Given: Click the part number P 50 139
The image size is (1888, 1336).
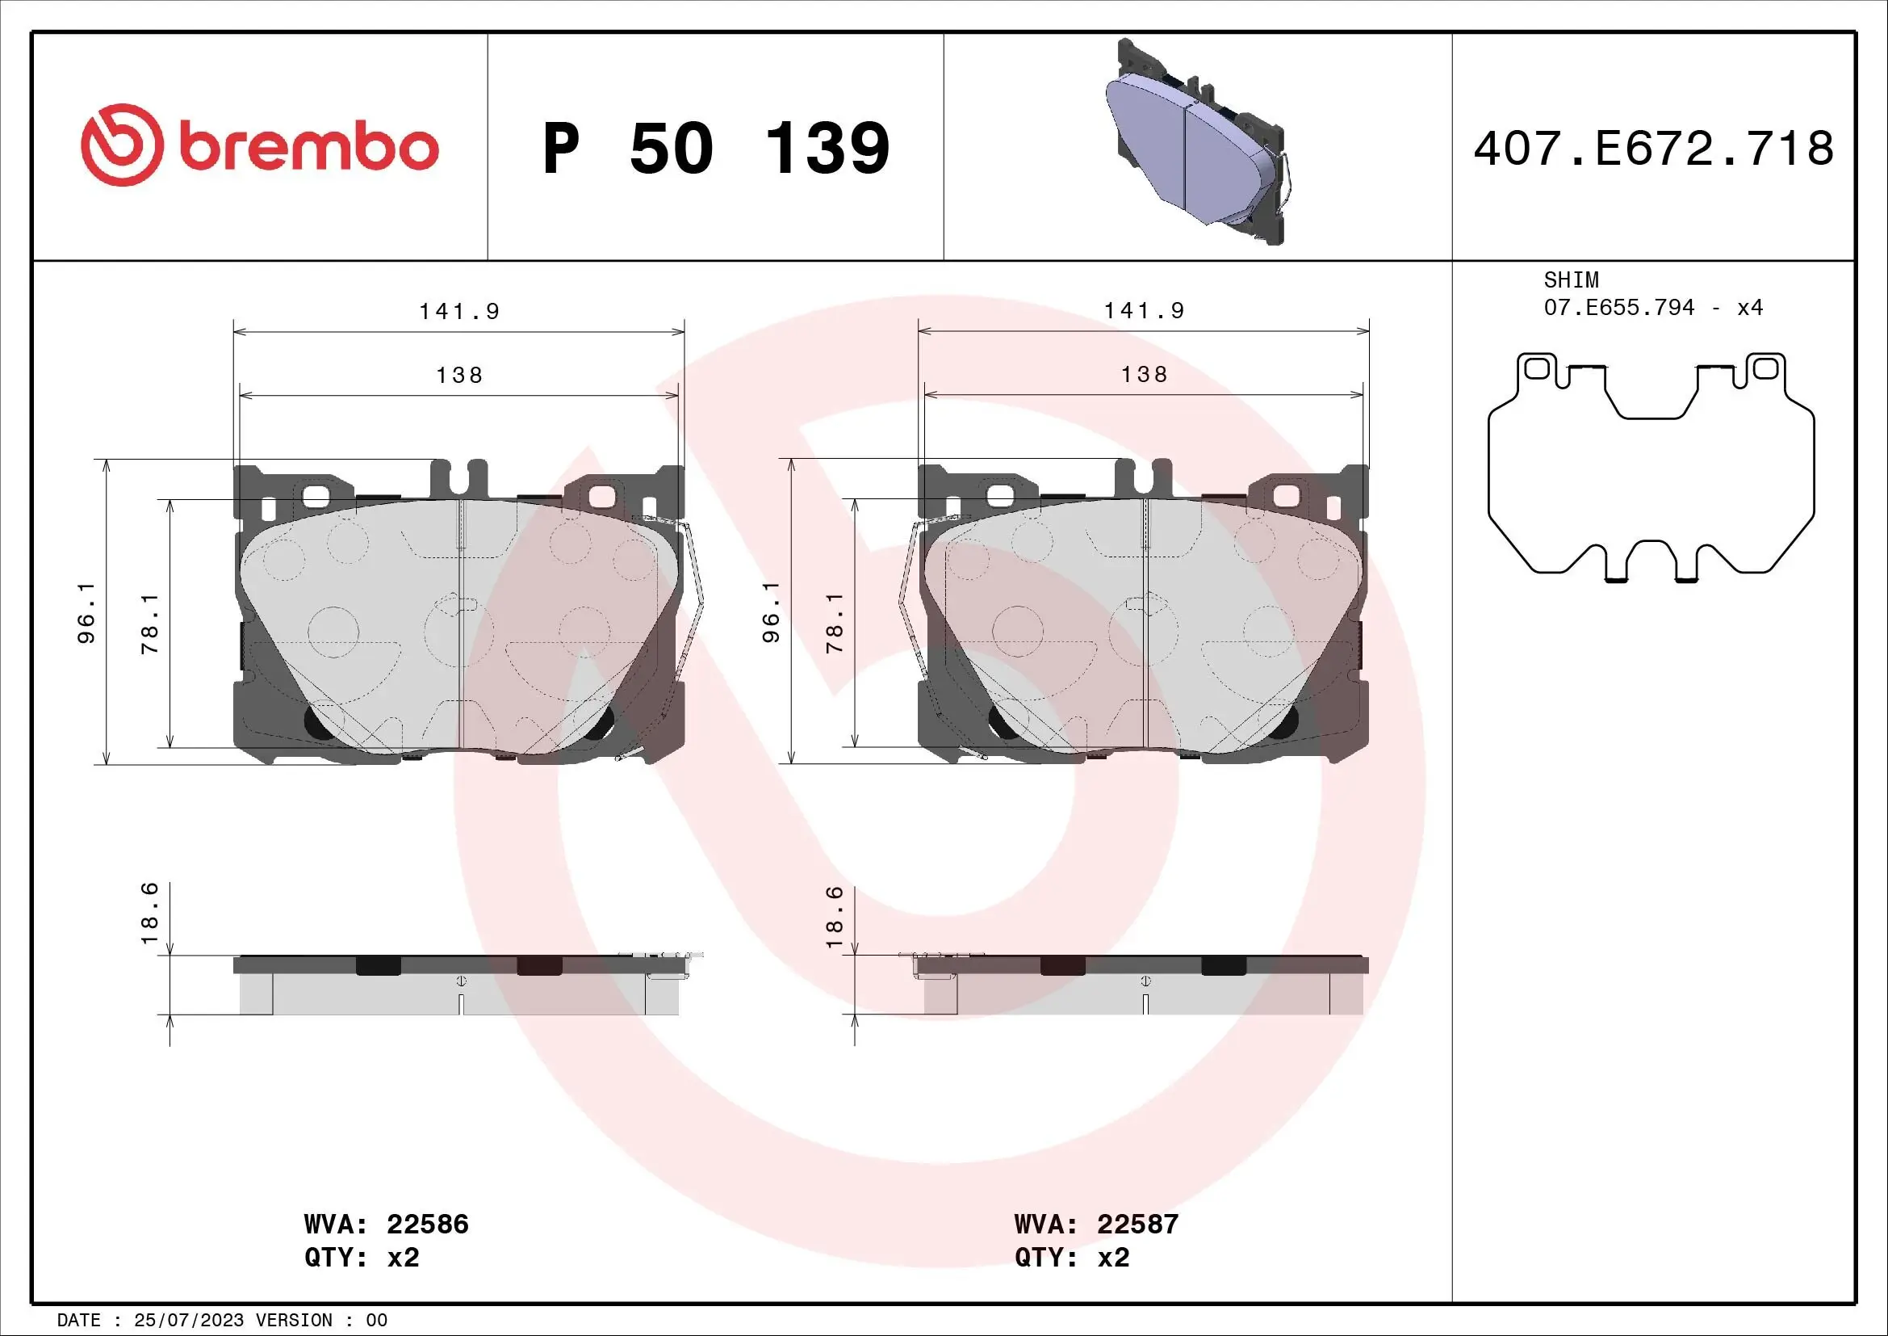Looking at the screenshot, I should [x=715, y=149].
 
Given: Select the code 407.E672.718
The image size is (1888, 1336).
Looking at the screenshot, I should [x=1653, y=149].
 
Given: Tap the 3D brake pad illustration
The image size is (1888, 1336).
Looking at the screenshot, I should [x=1196, y=144].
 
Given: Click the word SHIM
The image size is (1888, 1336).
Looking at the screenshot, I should [x=1571, y=279].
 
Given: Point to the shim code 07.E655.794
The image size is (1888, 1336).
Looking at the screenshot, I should [x=1618, y=308].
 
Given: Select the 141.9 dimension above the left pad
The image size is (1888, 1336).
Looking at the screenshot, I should [x=458, y=312].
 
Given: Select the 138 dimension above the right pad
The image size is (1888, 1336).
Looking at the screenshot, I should [x=1144, y=375].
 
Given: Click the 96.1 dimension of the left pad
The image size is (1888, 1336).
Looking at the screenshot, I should [x=86, y=613].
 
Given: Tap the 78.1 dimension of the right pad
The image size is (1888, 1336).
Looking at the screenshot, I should [x=835, y=623].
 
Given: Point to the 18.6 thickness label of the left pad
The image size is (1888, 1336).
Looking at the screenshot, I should [x=149, y=914].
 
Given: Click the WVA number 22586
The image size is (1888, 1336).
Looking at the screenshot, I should [x=427, y=1224].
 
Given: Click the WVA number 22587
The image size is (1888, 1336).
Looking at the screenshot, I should [x=1137, y=1224].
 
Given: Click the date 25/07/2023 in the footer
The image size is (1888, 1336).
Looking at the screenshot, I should [x=188, y=1321].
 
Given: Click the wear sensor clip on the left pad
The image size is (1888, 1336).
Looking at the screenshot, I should [x=693, y=592].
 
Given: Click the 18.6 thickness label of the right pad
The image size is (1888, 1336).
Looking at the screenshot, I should [x=834, y=917].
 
